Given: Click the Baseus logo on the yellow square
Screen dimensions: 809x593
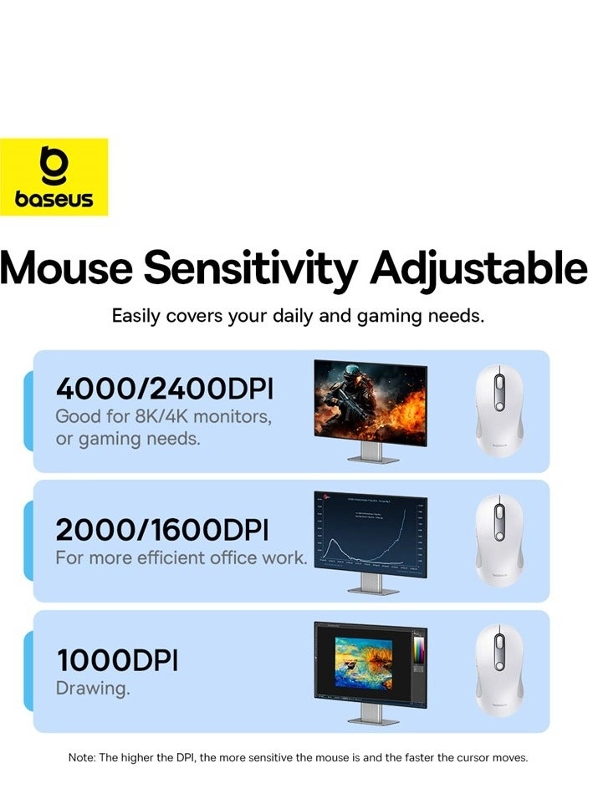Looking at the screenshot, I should click(x=54, y=177).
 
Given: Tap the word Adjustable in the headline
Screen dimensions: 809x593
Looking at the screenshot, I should click(x=479, y=268).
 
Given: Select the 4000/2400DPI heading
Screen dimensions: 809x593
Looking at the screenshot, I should click(x=164, y=389).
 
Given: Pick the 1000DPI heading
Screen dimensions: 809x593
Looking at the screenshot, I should click(x=117, y=660).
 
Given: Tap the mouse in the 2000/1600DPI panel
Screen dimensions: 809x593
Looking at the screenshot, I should click(x=498, y=541).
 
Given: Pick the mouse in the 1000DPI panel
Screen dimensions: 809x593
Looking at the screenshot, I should click(x=498, y=670).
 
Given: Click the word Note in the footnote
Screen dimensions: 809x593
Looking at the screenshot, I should click(x=81, y=758).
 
